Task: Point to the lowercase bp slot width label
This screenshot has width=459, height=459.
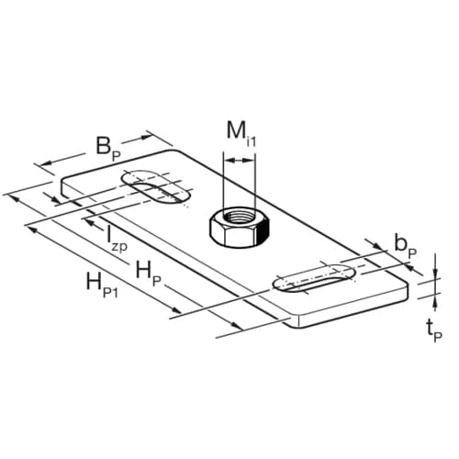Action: point(405,244)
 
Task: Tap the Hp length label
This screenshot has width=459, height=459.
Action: point(146,271)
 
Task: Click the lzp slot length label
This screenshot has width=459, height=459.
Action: point(116,241)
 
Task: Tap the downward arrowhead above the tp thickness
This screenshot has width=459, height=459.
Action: point(431,273)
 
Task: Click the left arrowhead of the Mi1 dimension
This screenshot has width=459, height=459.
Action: point(226,161)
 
